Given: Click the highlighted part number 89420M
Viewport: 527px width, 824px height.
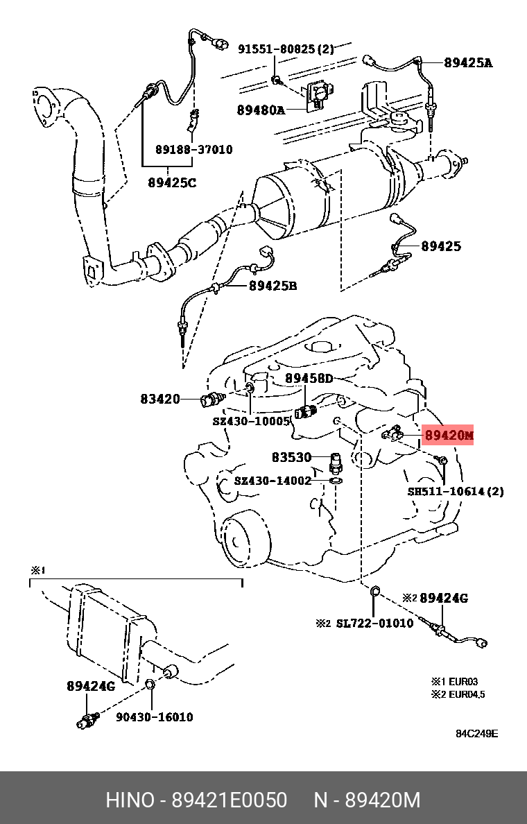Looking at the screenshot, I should coord(448,435).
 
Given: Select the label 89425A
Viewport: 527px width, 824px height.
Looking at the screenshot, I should coord(468,62).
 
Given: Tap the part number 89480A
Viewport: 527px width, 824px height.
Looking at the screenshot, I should coord(261,110).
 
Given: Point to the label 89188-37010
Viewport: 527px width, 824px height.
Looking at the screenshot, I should coord(193,150).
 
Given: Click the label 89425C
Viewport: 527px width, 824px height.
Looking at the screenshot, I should coord(172,183).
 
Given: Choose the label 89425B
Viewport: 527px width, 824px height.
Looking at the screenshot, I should coord(273,285).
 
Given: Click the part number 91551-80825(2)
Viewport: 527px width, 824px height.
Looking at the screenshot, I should coord(286,49).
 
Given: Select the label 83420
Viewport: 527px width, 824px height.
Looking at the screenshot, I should coord(160,399).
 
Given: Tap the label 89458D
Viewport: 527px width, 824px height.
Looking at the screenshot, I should coord(309,378).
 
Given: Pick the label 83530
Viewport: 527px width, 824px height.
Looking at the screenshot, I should coord(292,457).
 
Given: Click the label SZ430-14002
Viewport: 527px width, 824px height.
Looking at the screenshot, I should coord(273,480).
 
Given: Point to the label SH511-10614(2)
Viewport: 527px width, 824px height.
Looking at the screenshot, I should coord(456,491).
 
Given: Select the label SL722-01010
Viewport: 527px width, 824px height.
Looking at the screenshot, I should coord(374,623).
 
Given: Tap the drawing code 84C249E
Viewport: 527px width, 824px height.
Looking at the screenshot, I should coord(476,734).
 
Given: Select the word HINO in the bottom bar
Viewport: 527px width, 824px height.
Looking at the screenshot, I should coord(130,800).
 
